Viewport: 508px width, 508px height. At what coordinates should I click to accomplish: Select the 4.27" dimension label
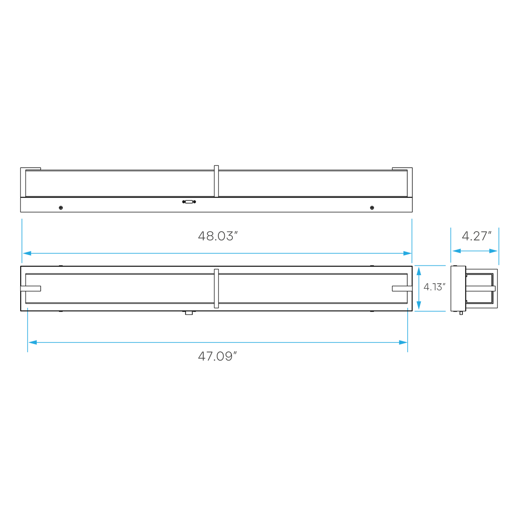pos(476,236)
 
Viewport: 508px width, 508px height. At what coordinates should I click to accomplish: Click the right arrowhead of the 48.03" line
pos(407,253)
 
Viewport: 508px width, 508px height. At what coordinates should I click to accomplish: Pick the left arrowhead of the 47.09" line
pos(33,342)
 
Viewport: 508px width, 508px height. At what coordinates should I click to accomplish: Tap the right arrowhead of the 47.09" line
pos(402,342)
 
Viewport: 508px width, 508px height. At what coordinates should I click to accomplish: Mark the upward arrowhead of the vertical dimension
pos(418,271)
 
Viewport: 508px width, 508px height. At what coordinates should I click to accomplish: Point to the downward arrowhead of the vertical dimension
pos(418,306)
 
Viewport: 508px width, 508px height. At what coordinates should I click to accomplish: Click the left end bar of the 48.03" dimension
pos(22,240)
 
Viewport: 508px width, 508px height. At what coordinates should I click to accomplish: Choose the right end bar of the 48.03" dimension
pos(412,240)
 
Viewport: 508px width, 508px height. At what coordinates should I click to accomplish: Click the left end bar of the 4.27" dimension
pos(450,245)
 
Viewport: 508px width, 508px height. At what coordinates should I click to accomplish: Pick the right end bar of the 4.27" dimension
pos(499,246)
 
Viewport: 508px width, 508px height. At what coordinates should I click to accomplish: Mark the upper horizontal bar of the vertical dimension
pos(430,266)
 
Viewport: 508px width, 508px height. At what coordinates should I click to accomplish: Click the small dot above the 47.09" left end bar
pos(28,308)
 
